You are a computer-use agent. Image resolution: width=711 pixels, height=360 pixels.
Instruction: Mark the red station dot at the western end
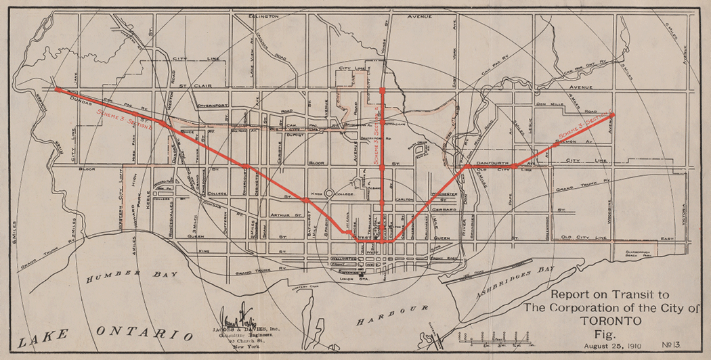coord(58,89)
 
